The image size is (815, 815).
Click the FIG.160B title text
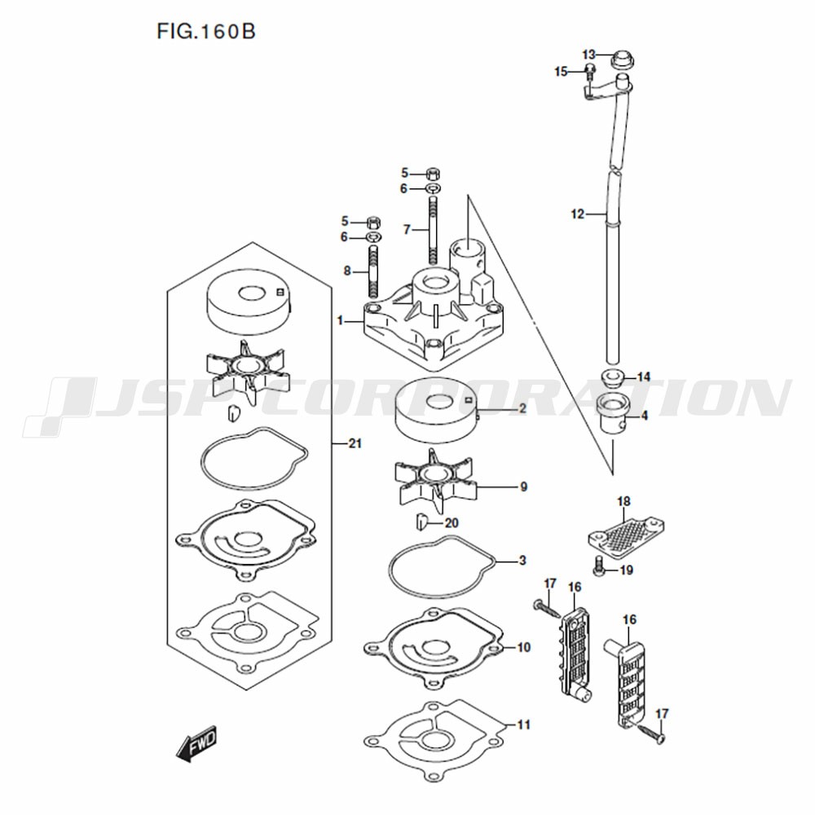[206, 31]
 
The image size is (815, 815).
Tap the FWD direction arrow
[196, 743]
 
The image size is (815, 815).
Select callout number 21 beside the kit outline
[355, 443]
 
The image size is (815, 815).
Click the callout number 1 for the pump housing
[340, 320]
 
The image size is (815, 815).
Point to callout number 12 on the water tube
[578, 214]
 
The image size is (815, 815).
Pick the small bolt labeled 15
[590, 73]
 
